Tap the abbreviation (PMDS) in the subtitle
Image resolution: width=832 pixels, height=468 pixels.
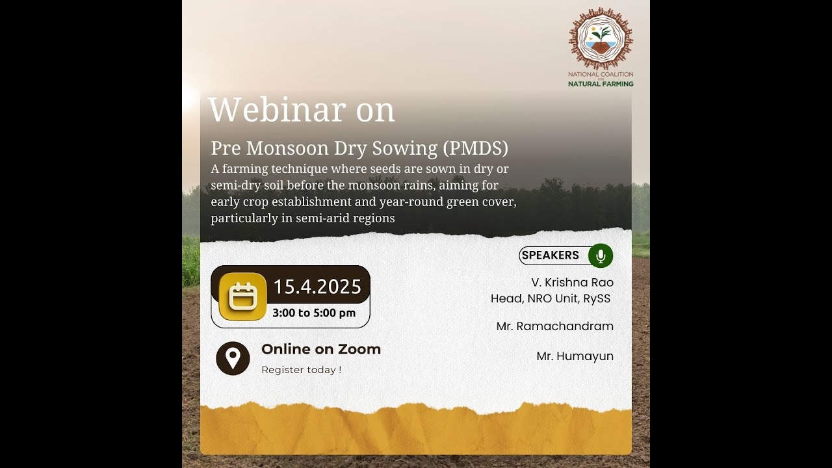475,148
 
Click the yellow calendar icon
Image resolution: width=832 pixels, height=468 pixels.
242,297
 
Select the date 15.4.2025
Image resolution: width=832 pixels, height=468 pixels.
317,287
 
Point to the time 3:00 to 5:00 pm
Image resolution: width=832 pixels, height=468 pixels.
314,313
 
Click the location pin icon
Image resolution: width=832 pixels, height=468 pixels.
233,358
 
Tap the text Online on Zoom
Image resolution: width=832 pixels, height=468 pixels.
321,349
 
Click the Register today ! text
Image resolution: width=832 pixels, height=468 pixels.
301,370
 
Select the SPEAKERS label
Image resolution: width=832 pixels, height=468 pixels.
550,255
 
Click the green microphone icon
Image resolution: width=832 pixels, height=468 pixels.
601,255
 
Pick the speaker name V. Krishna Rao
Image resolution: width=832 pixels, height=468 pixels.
572,282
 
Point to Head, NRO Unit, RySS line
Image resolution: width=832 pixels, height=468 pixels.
551,299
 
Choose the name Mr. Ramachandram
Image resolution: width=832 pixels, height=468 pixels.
554,326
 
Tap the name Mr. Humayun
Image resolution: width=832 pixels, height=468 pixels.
575,356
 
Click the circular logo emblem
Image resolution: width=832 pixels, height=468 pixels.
601,39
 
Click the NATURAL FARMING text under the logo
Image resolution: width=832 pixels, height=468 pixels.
601,84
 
